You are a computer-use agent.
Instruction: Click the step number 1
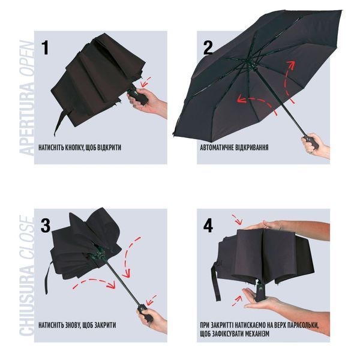(45, 47)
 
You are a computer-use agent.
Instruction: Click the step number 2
(208, 47)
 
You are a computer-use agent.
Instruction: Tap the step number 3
(46, 225)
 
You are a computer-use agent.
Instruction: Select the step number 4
(208, 225)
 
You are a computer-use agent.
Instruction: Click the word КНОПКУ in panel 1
(73, 148)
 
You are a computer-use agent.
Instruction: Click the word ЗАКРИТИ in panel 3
(106, 325)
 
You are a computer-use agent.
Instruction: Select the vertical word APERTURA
(26, 121)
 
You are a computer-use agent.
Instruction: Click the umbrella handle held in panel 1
(138, 96)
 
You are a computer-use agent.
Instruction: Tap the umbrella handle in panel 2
(310, 142)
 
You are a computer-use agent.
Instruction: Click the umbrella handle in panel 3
(145, 313)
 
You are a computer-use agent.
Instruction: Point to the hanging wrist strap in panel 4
(215, 282)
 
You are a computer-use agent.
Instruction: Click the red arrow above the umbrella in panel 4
(237, 220)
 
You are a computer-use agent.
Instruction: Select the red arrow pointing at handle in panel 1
(146, 82)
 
